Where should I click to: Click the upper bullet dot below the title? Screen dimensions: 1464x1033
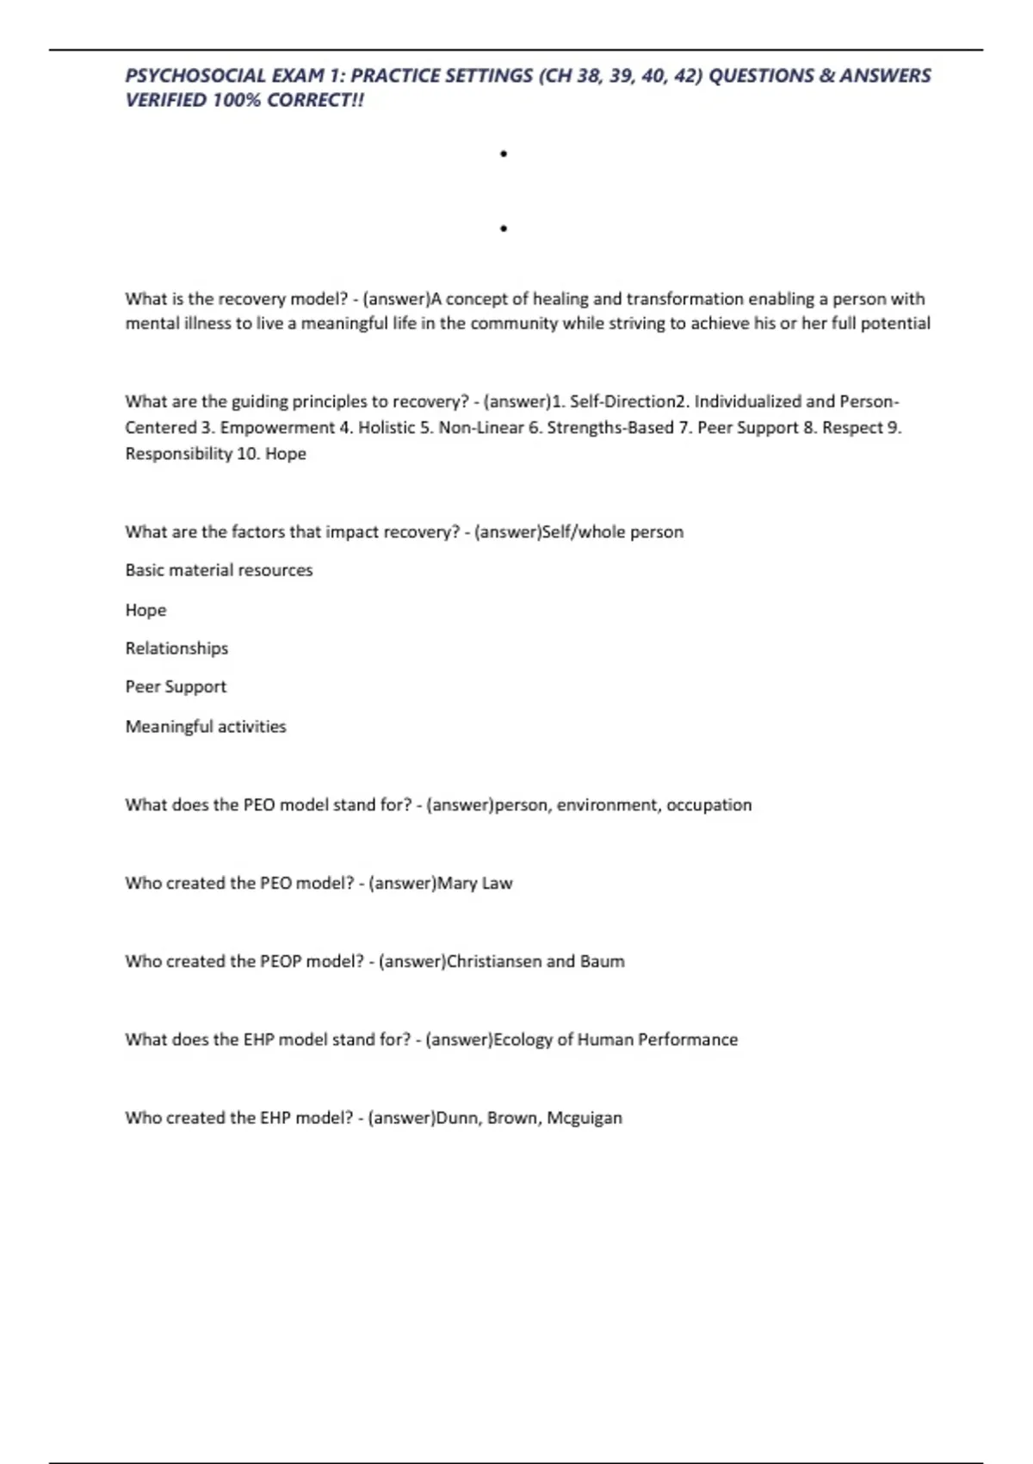tap(504, 154)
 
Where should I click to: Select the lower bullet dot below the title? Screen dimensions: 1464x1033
tap(504, 229)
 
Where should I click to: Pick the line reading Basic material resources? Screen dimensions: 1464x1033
tap(219, 570)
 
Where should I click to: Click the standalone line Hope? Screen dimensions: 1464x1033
tap(145, 610)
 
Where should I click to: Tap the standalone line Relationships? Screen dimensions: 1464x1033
tap(176, 648)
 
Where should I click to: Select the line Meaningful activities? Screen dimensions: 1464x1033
tap(206, 727)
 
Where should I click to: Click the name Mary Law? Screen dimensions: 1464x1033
tap(474, 884)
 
